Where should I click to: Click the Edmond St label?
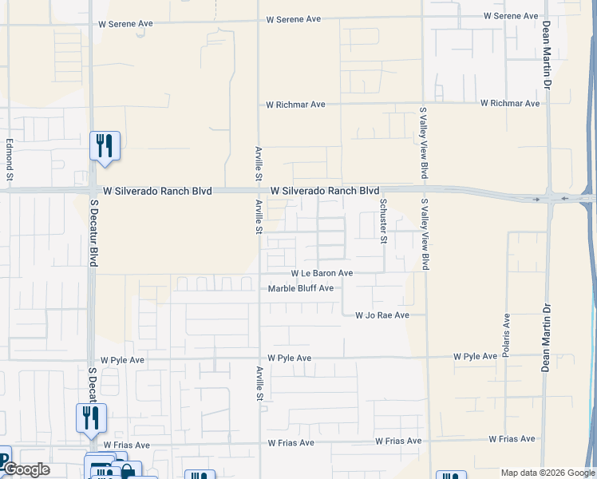(x=10, y=158)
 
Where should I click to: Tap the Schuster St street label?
(x=383, y=222)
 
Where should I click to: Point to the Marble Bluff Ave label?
(x=300, y=288)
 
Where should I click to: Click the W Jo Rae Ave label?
(x=382, y=315)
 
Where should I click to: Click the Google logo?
(x=26, y=469)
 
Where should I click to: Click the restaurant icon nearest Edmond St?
(x=105, y=145)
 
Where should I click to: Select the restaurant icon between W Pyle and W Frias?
(x=91, y=417)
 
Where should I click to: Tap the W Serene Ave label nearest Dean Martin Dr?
(x=511, y=16)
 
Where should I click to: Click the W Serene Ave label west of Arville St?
(x=125, y=24)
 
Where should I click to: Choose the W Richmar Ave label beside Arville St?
(x=296, y=105)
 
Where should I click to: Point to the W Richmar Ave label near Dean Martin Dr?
(x=510, y=103)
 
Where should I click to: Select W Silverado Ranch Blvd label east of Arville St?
(x=324, y=192)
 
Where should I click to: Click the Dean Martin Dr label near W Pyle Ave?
(x=547, y=338)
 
